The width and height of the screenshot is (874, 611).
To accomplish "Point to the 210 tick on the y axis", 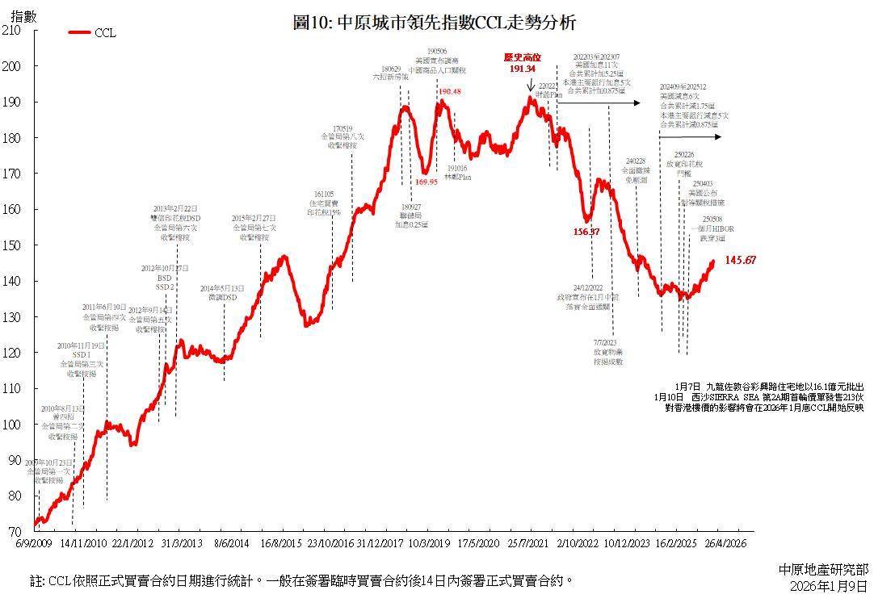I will point(11,30).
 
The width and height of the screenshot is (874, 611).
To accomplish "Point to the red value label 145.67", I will point(740,260).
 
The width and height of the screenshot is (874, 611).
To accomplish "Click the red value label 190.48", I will point(450,92).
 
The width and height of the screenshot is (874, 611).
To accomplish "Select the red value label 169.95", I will point(426,182).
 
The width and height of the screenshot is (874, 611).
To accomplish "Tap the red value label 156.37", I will point(586,232).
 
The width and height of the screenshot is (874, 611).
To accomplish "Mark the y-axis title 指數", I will point(23,14).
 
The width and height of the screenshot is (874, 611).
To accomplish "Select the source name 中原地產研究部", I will point(823,570).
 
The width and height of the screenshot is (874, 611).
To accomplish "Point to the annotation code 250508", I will point(712,220).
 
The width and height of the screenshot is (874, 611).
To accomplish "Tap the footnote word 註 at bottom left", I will point(36,580).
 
